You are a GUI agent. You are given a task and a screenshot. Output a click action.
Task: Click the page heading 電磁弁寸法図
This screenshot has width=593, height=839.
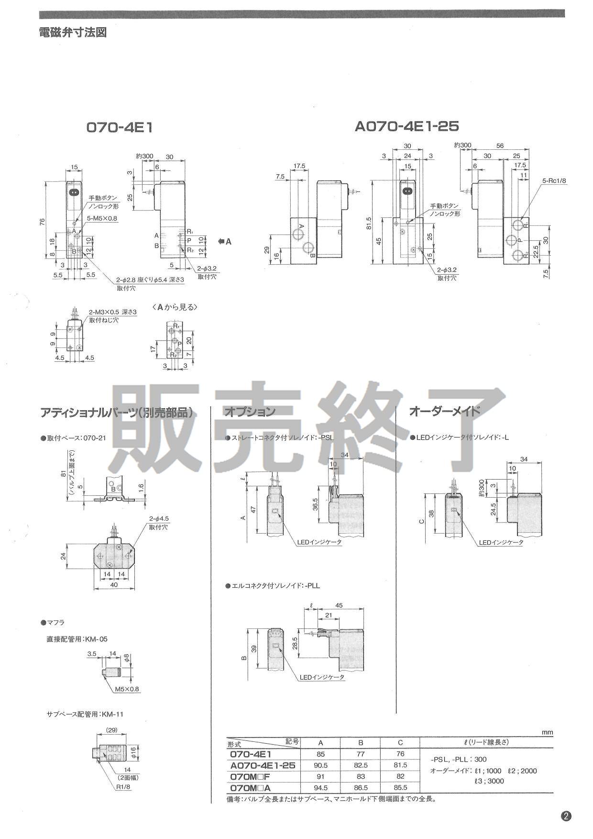pos(73,32)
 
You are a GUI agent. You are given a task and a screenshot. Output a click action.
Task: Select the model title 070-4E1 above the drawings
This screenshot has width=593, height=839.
pos(119,127)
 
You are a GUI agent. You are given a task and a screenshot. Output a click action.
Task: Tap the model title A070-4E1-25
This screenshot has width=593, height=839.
pos(406,126)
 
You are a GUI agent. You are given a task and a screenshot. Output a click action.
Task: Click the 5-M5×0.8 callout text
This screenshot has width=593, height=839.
pos(102,218)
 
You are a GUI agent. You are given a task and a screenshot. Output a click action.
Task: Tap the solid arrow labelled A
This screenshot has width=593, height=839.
pos(224,241)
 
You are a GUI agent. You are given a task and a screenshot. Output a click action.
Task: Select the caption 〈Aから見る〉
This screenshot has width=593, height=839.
pos(174,307)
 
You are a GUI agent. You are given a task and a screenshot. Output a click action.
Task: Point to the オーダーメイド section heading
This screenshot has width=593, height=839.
pos(444,412)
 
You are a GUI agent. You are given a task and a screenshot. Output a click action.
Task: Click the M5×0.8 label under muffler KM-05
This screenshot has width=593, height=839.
pos(127,689)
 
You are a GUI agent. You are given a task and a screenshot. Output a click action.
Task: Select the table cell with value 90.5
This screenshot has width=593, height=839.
pos(320,765)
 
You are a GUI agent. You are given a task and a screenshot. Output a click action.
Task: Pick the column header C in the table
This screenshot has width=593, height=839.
pos(400,742)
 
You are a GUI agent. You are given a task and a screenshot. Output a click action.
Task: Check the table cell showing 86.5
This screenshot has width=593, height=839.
pos(361,787)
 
